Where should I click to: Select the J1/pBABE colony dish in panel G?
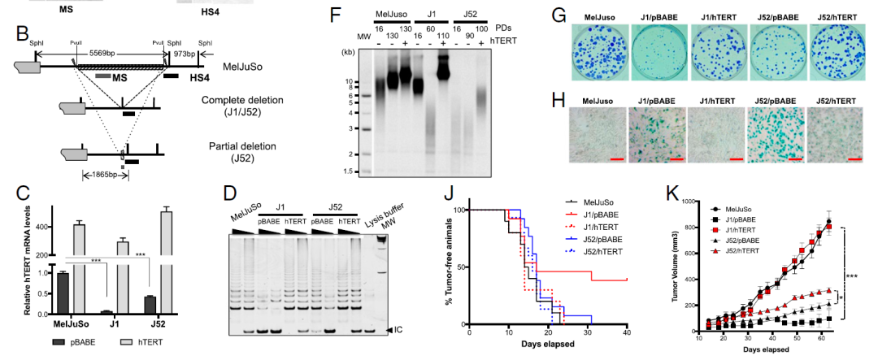click(x=658, y=51)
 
